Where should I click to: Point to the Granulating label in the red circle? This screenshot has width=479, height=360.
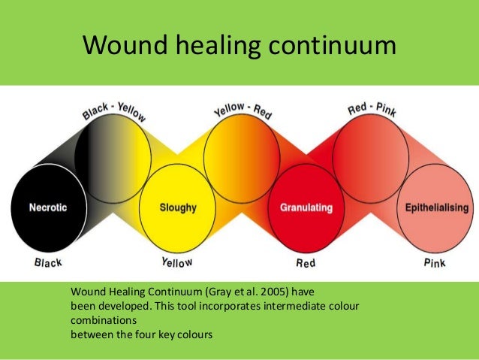(306, 207)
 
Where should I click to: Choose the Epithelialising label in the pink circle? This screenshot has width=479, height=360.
(437, 207)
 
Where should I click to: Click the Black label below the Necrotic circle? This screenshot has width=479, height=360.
(48, 262)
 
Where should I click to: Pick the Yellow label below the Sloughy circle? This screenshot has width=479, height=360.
(177, 262)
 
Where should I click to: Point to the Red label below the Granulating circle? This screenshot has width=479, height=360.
(306, 263)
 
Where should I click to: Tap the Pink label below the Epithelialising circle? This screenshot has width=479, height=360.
(435, 263)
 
